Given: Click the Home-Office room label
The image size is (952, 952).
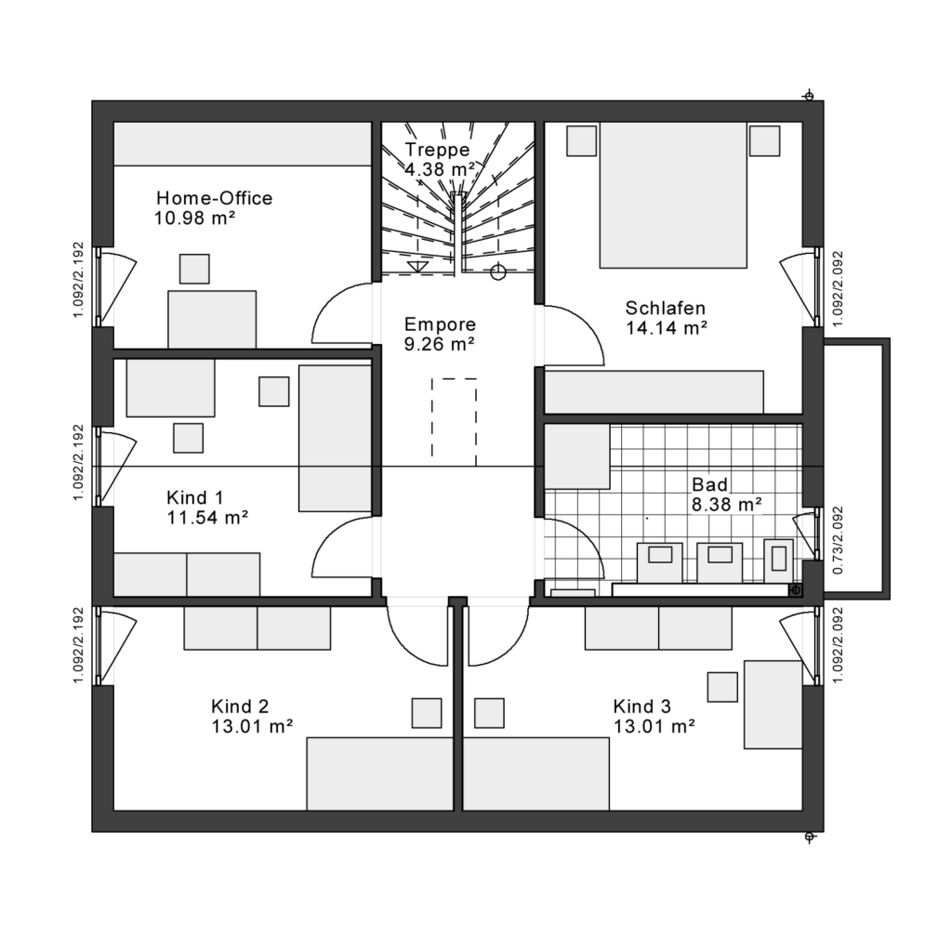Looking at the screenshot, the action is point(215,198).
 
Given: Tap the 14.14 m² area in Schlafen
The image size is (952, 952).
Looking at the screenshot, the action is point(666,328).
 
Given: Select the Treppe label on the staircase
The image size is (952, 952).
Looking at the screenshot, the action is point(437,150).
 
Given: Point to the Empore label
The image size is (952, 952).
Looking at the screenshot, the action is point(440,324).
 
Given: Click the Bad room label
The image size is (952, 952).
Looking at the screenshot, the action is point(709,484).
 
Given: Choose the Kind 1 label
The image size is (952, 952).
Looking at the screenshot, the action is point(195,498).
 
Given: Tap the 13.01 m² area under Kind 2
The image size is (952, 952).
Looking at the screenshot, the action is point(252,726).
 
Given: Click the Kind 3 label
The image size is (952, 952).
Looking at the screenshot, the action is point(641,707).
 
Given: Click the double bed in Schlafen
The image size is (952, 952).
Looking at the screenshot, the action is point(673,195).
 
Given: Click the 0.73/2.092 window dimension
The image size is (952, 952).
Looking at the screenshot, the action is point(839,540).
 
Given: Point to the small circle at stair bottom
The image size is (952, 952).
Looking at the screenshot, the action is point(498,272).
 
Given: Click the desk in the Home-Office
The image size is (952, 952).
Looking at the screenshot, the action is point(212,320).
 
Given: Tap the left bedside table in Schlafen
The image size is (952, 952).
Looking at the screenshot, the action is point(581,141).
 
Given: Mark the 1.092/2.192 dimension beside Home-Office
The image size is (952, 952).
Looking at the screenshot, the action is point(78,281).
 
